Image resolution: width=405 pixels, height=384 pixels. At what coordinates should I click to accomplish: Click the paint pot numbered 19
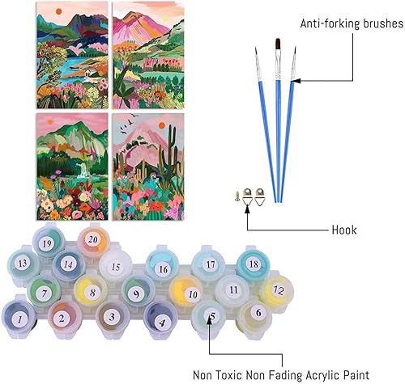pyautogui.click(x=47, y=241)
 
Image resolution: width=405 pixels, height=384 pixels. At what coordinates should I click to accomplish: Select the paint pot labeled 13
pyautogui.click(x=23, y=264)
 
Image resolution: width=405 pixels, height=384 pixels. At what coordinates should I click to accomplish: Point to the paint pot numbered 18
pyautogui.click(x=254, y=264)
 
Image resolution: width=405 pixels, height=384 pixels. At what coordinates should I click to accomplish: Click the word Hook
pyautogui.click(x=343, y=230)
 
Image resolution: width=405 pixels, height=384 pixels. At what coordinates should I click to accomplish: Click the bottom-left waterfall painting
pyautogui.click(x=65, y=166)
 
